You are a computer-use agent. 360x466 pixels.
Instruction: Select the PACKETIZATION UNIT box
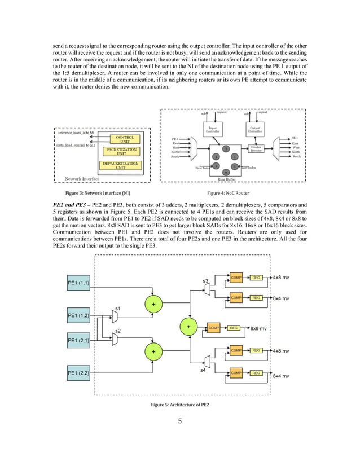click(121, 151)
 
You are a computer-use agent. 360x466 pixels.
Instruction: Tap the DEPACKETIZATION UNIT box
click(121, 165)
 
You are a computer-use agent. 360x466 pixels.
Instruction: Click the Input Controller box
click(213, 129)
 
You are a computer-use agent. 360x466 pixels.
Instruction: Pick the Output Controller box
click(254, 129)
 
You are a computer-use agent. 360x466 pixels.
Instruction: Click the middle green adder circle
click(188, 327)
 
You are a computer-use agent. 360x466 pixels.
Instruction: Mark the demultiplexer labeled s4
click(208, 361)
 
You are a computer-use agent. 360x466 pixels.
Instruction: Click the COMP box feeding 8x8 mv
click(214, 327)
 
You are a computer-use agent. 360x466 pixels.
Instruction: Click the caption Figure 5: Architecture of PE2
click(179, 406)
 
